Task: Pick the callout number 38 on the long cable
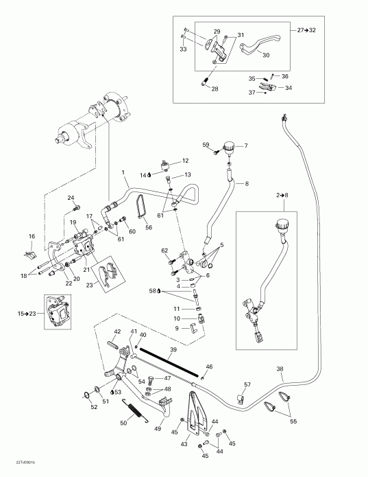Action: click(280, 369)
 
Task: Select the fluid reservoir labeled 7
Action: click(229, 147)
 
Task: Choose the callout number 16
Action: click(31, 237)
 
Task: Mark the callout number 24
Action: click(71, 198)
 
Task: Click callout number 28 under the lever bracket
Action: click(215, 89)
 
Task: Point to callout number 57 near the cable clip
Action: click(247, 384)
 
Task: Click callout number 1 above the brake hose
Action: click(123, 171)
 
